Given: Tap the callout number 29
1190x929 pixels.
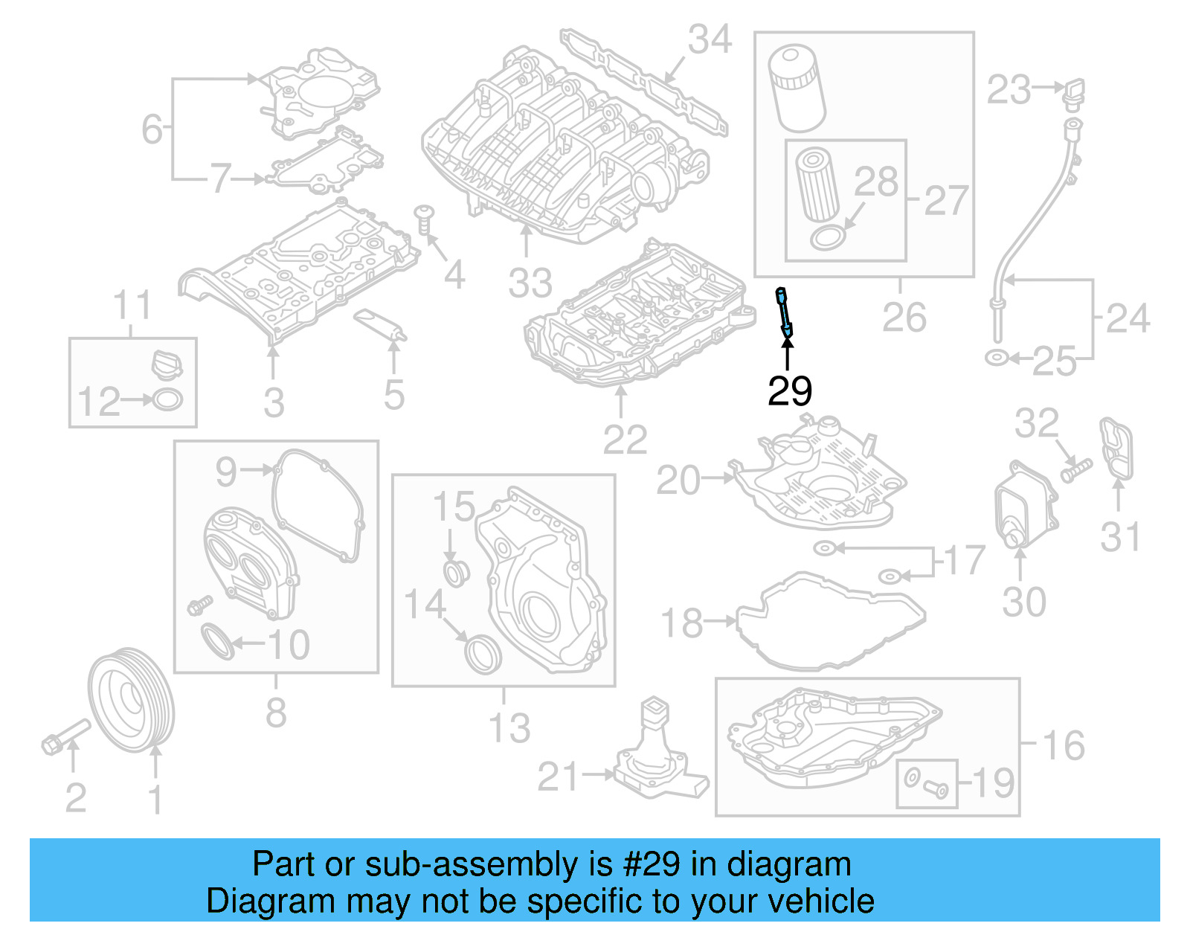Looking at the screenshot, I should pos(789,390).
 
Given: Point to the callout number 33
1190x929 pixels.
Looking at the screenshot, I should pos(530,283).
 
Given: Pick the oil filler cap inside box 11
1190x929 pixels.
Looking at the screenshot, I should pos(166,365).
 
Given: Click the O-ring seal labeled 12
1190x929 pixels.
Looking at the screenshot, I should pos(167,400).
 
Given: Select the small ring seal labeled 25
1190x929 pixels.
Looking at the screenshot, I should pos(995,359).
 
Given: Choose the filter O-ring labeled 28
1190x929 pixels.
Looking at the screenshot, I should pos(827,238).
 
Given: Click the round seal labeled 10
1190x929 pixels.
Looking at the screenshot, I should pos(217,641).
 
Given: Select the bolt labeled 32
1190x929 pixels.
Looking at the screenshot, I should pos(1075,469).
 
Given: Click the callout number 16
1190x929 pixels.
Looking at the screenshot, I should pos(1064,745).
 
